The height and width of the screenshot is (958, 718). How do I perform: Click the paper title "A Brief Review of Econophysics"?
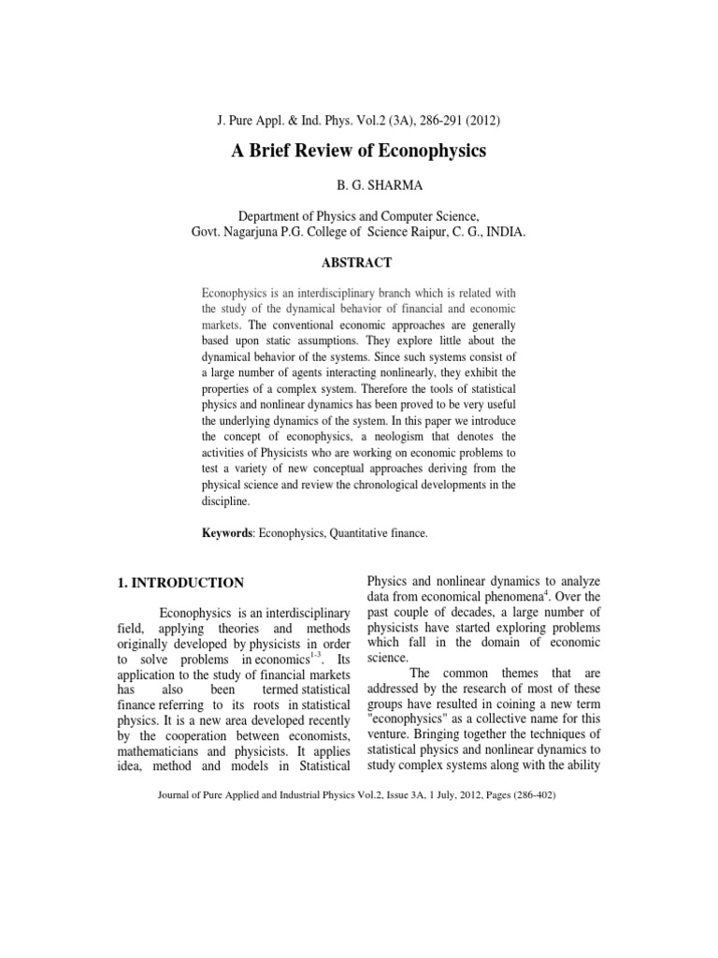[359, 152]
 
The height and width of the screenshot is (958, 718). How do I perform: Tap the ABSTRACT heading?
[358, 263]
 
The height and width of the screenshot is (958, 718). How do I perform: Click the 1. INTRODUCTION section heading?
[180, 583]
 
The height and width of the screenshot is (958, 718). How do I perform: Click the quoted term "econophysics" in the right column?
[411, 723]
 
